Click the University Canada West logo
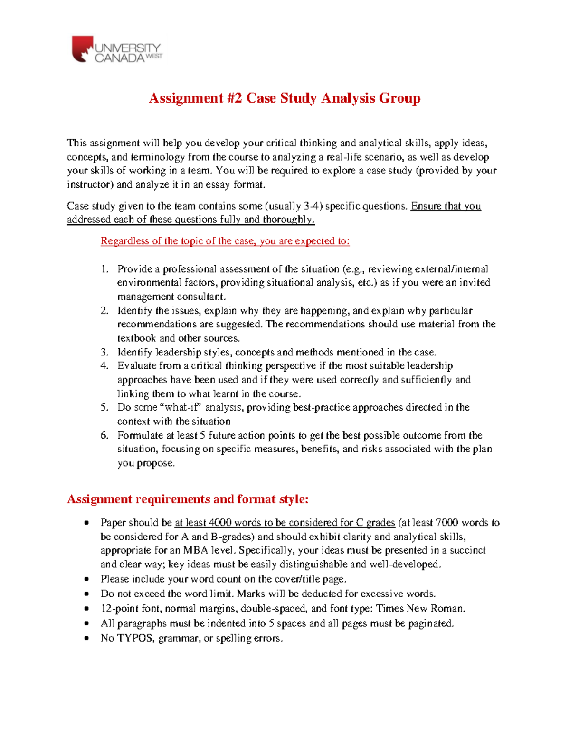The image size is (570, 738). (116, 49)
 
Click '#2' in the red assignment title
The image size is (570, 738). (235, 98)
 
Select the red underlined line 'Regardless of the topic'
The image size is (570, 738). (225, 241)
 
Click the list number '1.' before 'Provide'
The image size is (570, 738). (104, 269)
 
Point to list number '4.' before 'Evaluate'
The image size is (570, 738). (104, 366)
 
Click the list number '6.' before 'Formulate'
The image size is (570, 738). (104, 435)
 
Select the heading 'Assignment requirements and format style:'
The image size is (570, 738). (188, 499)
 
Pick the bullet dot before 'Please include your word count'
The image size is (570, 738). (86, 579)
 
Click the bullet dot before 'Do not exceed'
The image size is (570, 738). (86, 594)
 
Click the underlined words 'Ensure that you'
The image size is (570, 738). (446, 206)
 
